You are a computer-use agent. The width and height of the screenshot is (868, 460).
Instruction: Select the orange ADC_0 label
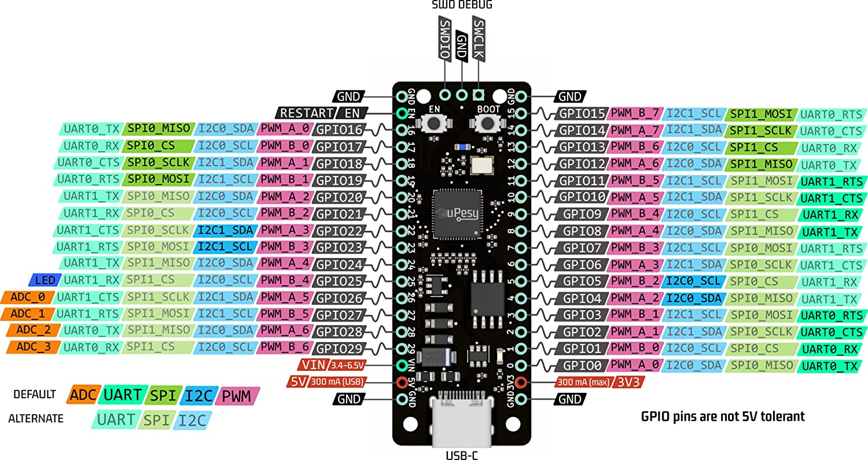pyautogui.click(x=28, y=297)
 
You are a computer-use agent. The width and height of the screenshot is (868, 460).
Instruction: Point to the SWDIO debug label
pyautogui.click(x=444, y=39)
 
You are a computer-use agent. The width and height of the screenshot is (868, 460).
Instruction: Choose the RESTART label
pyautogui.click(x=306, y=113)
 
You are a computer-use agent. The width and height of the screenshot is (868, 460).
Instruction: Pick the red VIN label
pyautogui.click(x=313, y=365)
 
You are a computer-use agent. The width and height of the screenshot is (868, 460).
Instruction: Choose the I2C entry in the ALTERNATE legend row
pyautogui.click(x=192, y=419)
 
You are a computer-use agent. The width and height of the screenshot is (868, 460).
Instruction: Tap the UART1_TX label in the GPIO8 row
pyautogui.click(x=832, y=232)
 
